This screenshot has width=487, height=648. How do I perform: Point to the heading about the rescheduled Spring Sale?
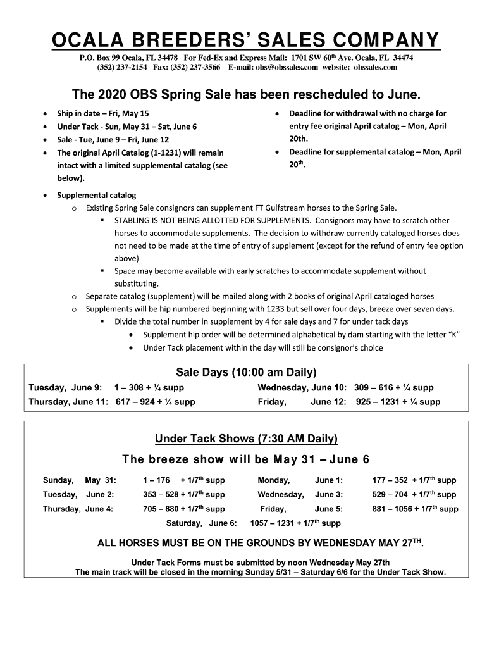click(x=245, y=95)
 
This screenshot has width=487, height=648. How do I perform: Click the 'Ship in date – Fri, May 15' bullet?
click(x=103, y=114)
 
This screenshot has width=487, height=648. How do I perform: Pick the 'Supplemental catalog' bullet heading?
click(x=97, y=195)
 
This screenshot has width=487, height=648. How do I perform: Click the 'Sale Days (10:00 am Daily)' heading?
click(x=245, y=371)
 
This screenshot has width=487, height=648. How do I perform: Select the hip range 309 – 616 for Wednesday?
click(x=374, y=388)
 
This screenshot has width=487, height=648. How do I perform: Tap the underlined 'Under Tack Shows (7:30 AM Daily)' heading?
click(x=246, y=439)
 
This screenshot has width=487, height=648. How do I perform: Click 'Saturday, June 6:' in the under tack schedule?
click(x=201, y=523)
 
